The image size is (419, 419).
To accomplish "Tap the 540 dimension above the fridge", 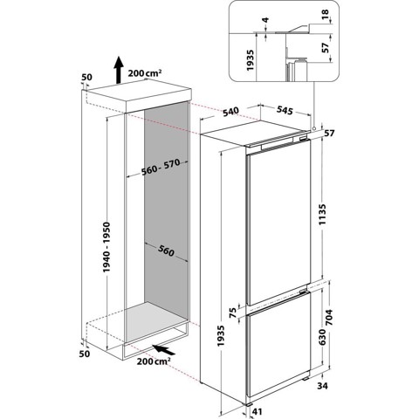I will coord(231,111).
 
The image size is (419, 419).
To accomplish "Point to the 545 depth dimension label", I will coord(285,111).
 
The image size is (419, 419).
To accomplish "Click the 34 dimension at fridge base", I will coord(323,385).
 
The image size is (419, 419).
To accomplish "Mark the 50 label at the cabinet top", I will coord(87,78).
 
